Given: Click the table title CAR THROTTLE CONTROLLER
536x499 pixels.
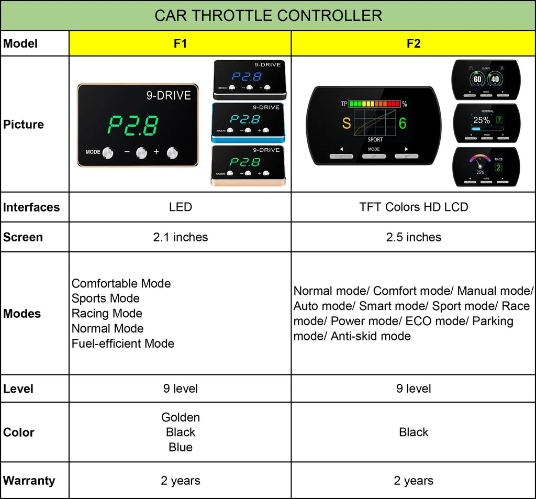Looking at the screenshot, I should click(x=268, y=15).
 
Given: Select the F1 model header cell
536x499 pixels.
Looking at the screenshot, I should click(x=180, y=43).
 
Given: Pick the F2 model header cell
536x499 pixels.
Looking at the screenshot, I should click(x=414, y=43).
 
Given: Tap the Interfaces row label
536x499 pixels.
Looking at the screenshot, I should click(x=31, y=207).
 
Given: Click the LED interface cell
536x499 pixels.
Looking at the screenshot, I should click(x=180, y=207).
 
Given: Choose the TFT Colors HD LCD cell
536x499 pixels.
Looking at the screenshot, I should click(x=414, y=207).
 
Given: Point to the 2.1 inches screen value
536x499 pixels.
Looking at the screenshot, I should click(x=180, y=237).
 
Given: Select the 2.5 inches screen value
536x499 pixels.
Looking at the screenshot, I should click(x=414, y=237).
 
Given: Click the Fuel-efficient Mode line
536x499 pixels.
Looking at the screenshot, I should click(x=123, y=343).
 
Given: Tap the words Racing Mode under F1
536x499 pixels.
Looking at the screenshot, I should click(x=107, y=314).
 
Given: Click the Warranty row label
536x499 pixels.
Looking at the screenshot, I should click(x=29, y=481).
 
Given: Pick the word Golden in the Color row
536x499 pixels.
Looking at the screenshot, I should click(x=180, y=417).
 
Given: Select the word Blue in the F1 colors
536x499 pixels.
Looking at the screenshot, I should click(x=180, y=447).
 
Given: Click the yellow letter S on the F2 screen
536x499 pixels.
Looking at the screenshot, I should click(x=347, y=124).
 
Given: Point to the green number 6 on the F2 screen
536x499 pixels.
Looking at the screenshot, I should click(x=403, y=124).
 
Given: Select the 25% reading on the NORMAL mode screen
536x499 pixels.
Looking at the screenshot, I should click(x=482, y=120).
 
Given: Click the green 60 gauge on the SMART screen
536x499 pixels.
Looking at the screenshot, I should click(x=477, y=80).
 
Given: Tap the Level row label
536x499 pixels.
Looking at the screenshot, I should click(x=18, y=389).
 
